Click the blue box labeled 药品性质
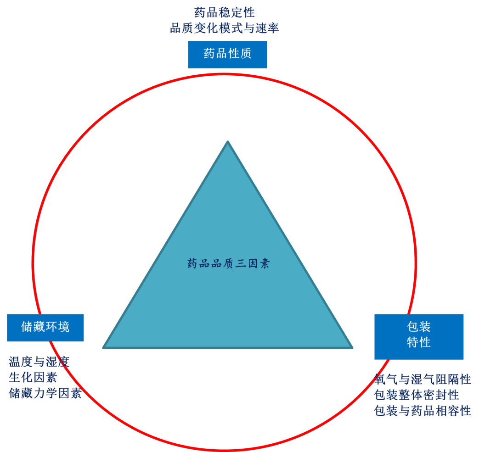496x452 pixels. pyautogui.click(x=227, y=54)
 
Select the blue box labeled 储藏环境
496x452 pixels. pyautogui.click(x=45, y=327)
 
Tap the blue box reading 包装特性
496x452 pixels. pyautogui.click(x=418, y=336)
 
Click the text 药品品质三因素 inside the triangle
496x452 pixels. pyautogui.click(x=228, y=263)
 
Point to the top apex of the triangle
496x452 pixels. pyautogui.click(x=228, y=142)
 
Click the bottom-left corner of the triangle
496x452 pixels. pyautogui.click(x=104, y=347)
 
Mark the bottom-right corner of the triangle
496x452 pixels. pyautogui.click(x=351, y=347)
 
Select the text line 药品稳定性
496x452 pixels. pyautogui.click(x=224, y=12)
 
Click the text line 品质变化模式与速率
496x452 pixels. pyautogui.click(x=224, y=28)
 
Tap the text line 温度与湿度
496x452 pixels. pyautogui.click(x=39, y=362)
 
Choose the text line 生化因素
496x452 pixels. pyautogui.click(x=33, y=378)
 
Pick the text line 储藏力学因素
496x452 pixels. pyautogui.click(x=45, y=393)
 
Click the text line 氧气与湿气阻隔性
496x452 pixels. pyautogui.click(x=423, y=379)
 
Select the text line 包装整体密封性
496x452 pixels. pyautogui.click(x=417, y=395)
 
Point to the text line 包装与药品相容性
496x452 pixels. pyautogui.click(x=423, y=411)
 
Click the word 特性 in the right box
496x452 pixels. pyautogui.click(x=418, y=342)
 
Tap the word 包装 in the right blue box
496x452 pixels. pyautogui.click(x=418, y=327)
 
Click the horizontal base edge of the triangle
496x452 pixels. pyautogui.click(x=228, y=347)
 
